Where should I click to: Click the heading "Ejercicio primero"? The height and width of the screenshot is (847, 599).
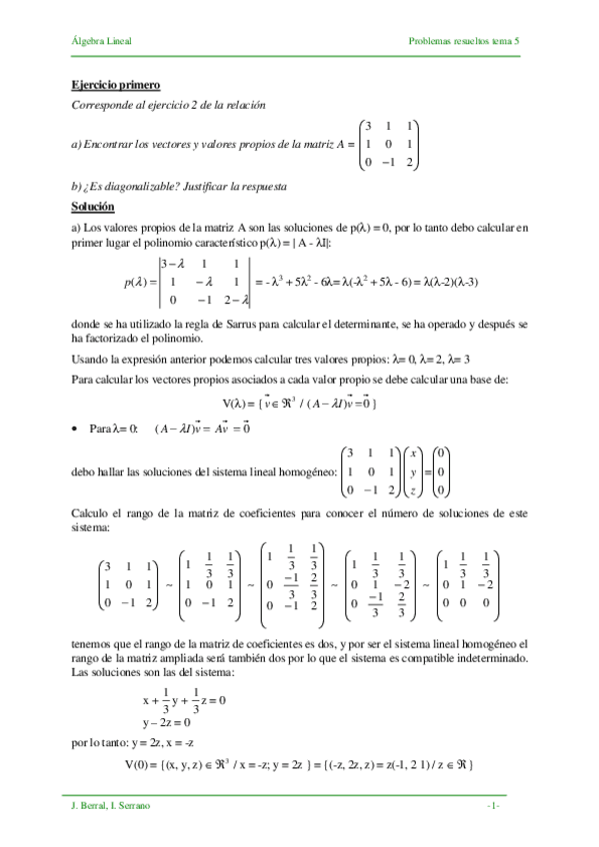[x=115, y=86]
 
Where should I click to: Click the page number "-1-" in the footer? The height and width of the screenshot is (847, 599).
[x=492, y=805]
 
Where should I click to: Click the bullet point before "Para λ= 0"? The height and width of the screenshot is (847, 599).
[x=77, y=429]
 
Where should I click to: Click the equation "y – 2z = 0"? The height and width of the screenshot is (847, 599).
[x=167, y=722]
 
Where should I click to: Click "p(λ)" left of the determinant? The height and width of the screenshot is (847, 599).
[x=136, y=283]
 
